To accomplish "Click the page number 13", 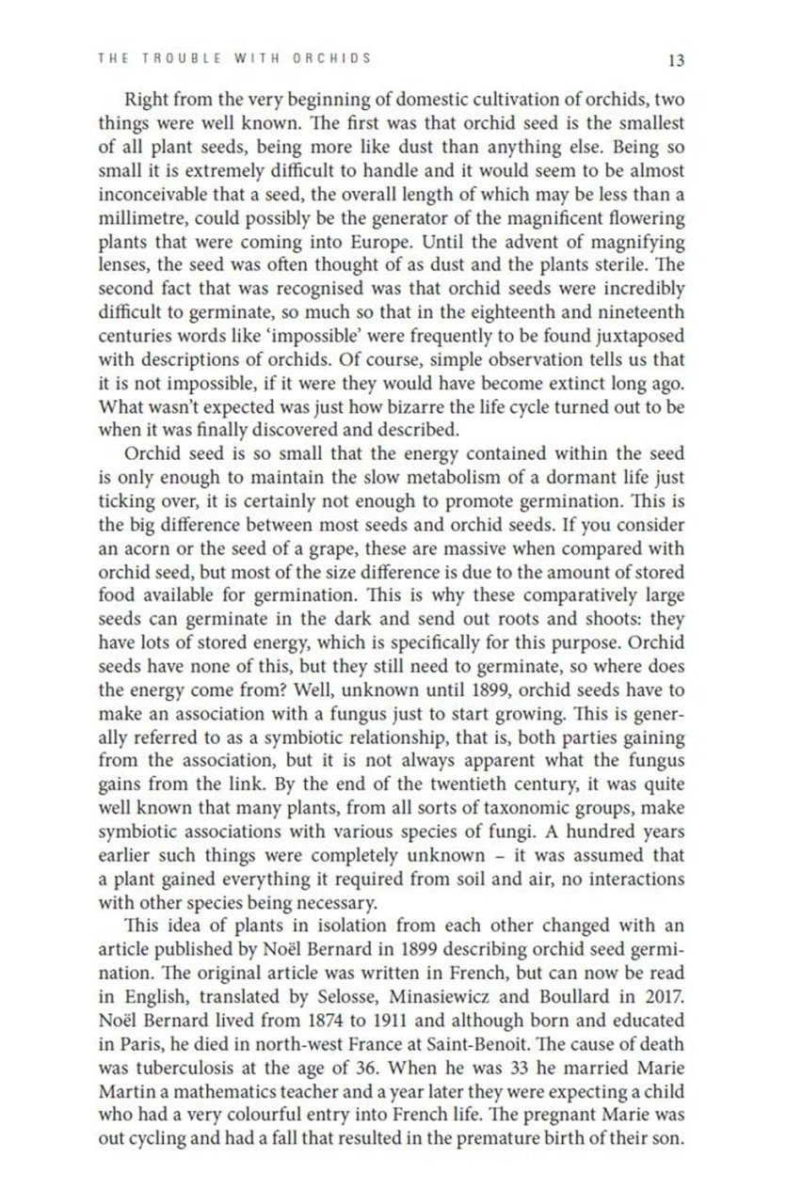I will tap(675, 60).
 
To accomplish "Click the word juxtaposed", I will tap(636, 335).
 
